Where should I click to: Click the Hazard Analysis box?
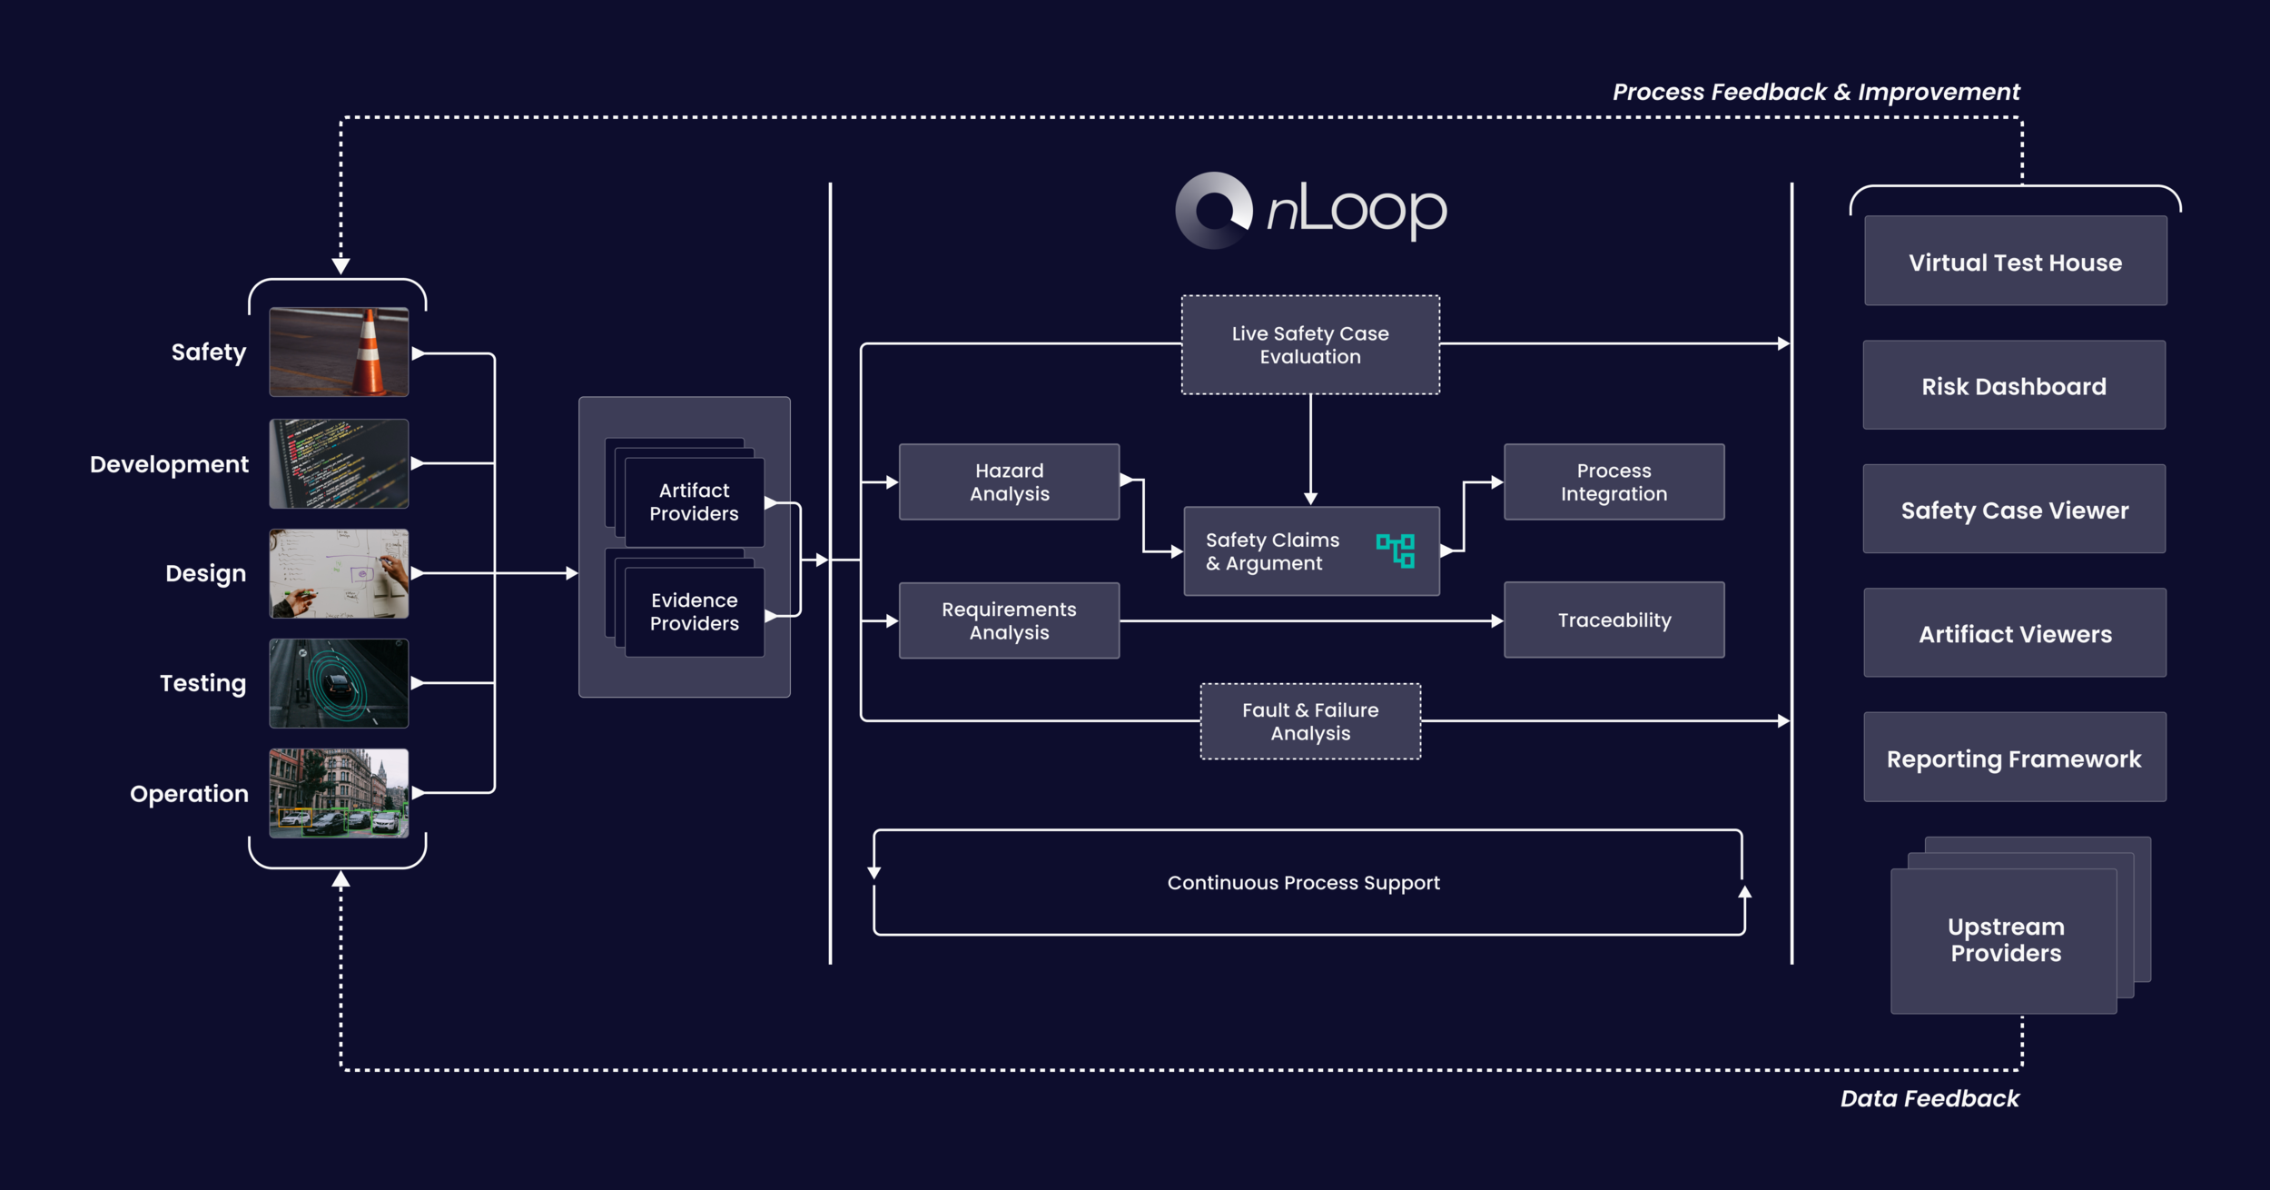point(1009,482)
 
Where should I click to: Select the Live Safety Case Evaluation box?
point(1310,345)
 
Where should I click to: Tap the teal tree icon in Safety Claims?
point(1396,550)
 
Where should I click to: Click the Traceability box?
point(1614,620)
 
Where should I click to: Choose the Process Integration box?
point(1614,482)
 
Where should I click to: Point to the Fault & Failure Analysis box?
point(1310,721)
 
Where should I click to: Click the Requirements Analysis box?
point(1009,620)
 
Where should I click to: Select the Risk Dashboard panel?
point(2014,386)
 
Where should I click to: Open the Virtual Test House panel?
point(2015,262)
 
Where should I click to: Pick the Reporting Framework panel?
point(2014,758)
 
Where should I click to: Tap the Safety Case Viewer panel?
point(2014,510)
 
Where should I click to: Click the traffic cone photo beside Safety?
point(339,352)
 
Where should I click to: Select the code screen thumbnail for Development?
point(339,463)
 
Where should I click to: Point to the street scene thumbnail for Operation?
point(339,793)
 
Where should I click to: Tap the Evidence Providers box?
point(694,611)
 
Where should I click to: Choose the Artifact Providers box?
point(694,501)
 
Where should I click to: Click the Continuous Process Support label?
point(1303,883)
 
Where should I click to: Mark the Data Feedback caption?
point(1929,1099)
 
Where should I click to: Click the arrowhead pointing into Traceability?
point(1497,621)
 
